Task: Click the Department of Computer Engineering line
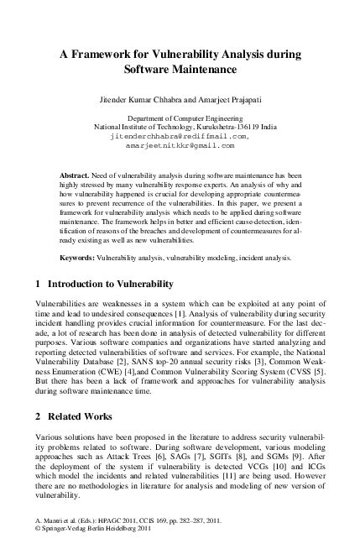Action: click(180, 118)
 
